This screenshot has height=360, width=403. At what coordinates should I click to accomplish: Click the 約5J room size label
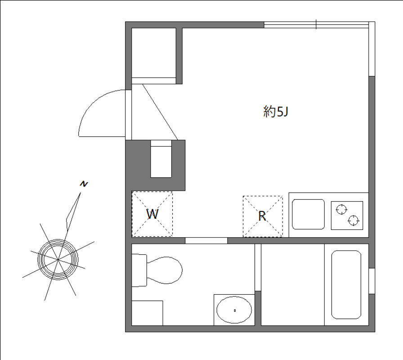tap(275, 112)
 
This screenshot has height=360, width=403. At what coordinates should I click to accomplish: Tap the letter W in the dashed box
tap(152, 215)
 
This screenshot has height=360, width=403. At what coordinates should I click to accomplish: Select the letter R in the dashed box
tap(262, 216)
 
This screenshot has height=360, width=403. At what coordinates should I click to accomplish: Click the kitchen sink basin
tap(308, 214)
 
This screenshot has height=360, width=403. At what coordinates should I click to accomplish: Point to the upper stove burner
tap(340, 209)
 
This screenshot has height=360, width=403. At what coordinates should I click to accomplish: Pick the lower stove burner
tap(354, 220)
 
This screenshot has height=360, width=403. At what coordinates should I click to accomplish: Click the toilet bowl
tap(165, 270)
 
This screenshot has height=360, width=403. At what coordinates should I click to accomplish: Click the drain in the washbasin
tap(234, 310)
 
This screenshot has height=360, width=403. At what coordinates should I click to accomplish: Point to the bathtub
tap(346, 284)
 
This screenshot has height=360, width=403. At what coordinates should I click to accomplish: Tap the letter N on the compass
tap(84, 184)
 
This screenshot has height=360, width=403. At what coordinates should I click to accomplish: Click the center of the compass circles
tap(58, 259)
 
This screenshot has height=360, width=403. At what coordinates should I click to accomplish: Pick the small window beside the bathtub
tap(372, 281)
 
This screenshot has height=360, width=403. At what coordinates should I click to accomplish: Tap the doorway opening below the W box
tap(206, 241)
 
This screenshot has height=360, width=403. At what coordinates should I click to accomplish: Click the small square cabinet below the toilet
tap(147, 313)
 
